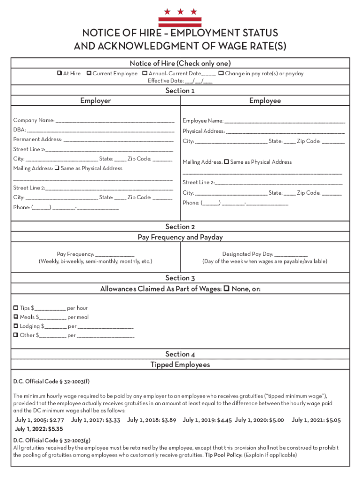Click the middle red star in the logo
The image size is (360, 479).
(180, 12)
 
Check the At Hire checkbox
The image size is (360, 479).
(59, 73)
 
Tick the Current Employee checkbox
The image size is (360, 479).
(89, 73)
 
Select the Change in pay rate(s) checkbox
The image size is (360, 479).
(221, 73)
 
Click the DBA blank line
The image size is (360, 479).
(101, 130)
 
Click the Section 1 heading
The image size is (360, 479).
(180, 91)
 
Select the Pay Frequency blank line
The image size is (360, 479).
(115, 254)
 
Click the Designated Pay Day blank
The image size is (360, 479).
(291, 254)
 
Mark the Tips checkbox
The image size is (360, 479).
(16, 308)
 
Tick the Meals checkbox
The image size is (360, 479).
(16, 317)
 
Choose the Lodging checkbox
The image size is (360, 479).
(16, 326)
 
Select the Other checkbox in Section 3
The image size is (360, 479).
(16, 335)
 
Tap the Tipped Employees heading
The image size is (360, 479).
(180, 364)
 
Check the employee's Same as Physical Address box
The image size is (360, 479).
(226, 162)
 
